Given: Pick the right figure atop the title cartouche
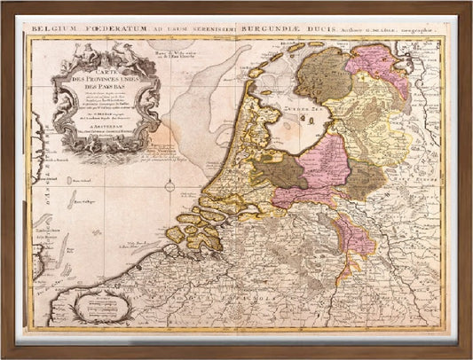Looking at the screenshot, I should (x=115, y=53).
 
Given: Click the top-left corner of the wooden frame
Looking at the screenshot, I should (x=4, y=4).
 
